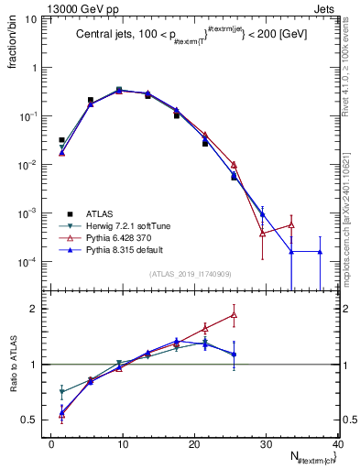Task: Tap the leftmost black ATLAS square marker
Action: [x=61, y=140]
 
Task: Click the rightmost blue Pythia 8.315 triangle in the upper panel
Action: [x=320, y=251]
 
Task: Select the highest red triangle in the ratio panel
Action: [x=235, y=315]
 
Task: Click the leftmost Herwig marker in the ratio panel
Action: [x=61, y=392]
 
